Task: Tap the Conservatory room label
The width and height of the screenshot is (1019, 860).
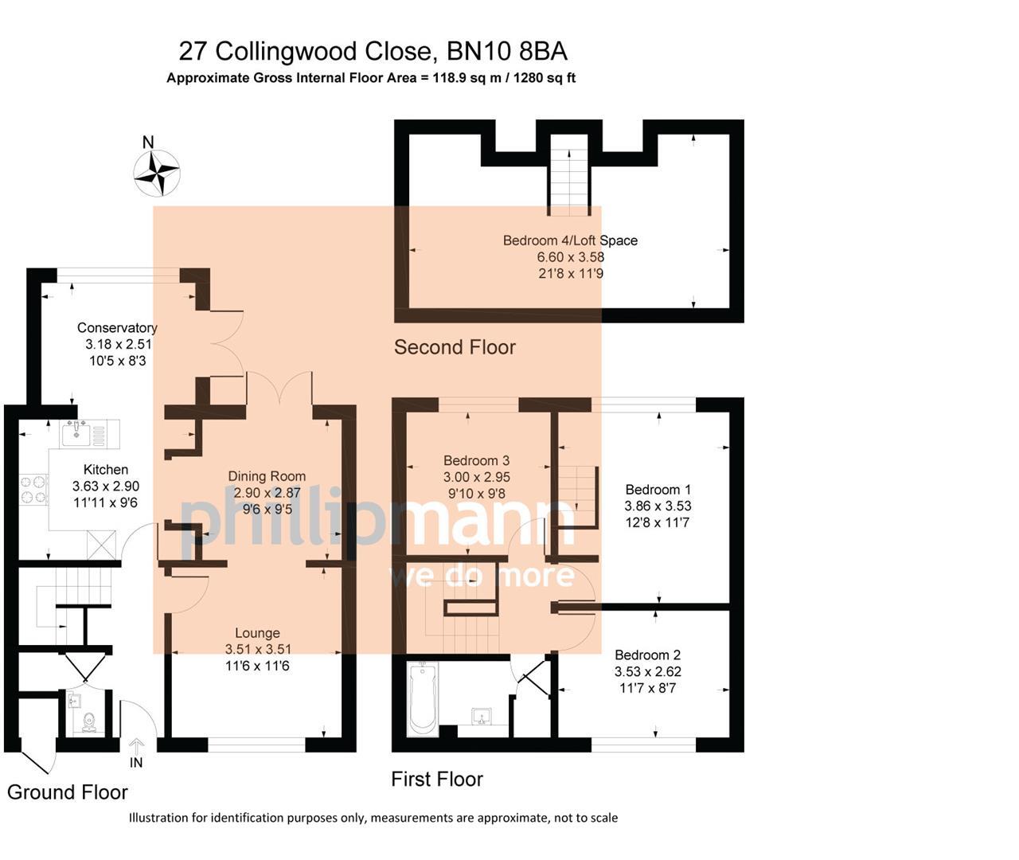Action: tap(117, 327)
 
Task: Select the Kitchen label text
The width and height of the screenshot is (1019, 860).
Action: tap(106, 470)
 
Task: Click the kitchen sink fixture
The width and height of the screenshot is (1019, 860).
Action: tap(76, 434)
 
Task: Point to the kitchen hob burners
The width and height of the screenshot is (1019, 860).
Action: tap(33, 489)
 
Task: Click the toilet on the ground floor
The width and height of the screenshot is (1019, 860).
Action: tap(89, 721)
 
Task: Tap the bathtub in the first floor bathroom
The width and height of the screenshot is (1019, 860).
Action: tap(421, 700)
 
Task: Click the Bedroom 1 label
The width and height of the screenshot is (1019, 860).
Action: tap(658, 490)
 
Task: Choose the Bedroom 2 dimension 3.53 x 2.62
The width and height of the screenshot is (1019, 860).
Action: tap(647, 671)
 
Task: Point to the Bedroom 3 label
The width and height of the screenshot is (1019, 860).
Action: tap(476, 460)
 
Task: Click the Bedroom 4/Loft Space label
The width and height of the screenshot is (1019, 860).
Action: tap(570, 240)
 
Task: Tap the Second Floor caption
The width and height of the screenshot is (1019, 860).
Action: tap(455, 347)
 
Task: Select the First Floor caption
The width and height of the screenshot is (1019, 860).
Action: tap(436, 779)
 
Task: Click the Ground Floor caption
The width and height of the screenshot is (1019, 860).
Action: tap(68, 792)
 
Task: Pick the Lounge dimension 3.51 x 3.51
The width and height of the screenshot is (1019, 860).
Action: tap(257, 649)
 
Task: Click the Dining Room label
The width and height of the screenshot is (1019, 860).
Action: tap(267, 476)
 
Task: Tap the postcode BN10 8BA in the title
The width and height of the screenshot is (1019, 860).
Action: tap(506, 52)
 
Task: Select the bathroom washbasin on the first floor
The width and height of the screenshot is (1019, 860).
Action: tap(481, 716)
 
